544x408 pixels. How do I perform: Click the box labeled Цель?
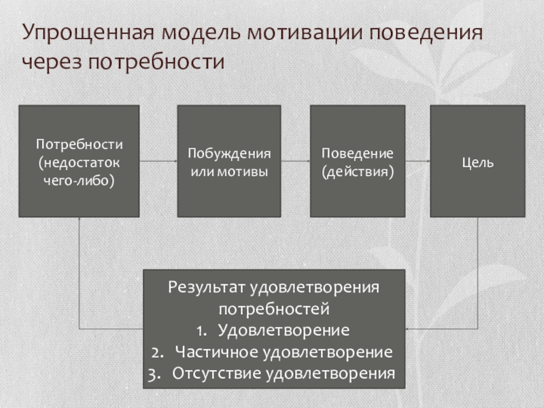pos(477,162)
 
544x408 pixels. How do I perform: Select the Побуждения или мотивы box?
pos(229,161)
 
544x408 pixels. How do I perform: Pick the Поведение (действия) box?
pos(358,161)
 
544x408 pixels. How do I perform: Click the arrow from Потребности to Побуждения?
pos(158,161)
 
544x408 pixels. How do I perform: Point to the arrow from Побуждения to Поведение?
pos(296,161)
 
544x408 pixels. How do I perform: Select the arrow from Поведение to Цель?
pos(418,161)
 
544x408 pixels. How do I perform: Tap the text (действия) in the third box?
pos(358,171)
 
